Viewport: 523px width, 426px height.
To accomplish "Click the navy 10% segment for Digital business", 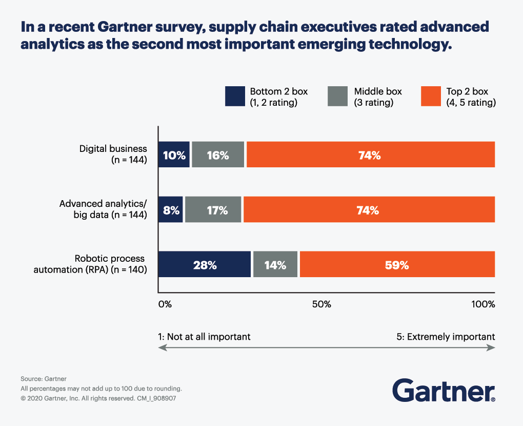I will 174,154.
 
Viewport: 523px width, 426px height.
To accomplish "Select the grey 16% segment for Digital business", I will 218,154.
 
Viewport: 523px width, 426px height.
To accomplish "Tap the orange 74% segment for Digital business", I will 370,154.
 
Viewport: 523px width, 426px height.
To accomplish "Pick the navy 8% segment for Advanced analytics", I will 170,209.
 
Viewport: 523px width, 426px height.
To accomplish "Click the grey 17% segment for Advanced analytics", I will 213,209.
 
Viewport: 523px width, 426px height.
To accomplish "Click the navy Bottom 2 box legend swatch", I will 234,96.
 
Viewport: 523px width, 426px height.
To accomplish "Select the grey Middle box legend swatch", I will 338,96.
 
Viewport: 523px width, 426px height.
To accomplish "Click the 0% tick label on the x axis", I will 165,304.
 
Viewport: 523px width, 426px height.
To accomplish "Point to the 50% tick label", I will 322,304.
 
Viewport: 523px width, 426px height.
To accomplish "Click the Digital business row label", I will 113,154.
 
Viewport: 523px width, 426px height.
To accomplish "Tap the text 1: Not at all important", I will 205,337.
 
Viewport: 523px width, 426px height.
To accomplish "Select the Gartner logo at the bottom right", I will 444,391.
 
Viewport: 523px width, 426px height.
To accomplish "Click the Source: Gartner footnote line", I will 44,379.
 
